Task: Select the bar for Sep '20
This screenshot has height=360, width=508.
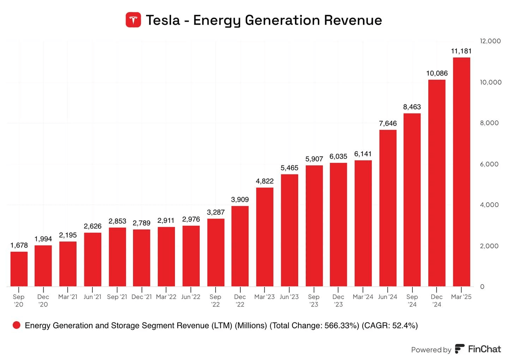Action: click(x=19, y=269)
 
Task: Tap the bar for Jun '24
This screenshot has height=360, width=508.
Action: click(x=388, y=208)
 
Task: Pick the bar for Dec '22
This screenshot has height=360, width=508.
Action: click(x=240, y=246)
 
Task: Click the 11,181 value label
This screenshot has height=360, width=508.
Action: click(x=461, y=51)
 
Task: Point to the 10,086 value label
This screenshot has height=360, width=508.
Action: click(x=437, y=73)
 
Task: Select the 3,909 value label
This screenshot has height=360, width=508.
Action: click(x=240, y=200)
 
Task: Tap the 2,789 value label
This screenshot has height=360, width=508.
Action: click(x=141, y=223)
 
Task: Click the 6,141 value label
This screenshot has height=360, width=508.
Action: click(x=363, y=154)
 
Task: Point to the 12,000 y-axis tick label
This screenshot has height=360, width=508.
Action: click(x=490, y=41)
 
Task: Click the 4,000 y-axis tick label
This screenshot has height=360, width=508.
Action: click(x=489, y=205)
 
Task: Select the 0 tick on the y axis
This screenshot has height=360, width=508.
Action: click(x=482, y=287)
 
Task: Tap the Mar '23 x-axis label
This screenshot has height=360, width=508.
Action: click(x=265, y=297)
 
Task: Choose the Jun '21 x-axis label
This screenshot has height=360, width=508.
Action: click(x=92, y=297)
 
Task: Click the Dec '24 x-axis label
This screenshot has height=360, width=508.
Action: click(x=437, y=300)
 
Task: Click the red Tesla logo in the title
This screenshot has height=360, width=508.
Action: click(x=133, y=20)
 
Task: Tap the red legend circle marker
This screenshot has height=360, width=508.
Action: click(x=16, y=325)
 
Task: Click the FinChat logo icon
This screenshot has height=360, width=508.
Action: click(x=460, y=349)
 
